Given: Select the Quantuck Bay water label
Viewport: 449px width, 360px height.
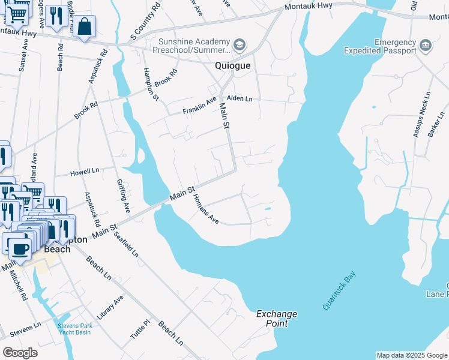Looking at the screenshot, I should [x=339, y=290].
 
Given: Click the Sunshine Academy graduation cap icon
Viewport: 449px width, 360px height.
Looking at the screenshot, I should [x=240, y=45].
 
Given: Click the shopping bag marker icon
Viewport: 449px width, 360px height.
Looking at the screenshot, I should [x=85, y=26].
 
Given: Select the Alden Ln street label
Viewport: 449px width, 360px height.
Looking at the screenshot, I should [x=240, y=98].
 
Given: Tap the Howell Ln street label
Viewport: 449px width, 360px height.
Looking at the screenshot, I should [x=83, y=172].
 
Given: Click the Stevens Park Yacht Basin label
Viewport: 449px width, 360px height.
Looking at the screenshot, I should [x=74, y=329].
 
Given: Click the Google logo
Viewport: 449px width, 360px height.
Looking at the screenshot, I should [x=20, y=353].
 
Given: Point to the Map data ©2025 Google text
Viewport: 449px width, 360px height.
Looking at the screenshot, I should [x=412, y=355].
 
